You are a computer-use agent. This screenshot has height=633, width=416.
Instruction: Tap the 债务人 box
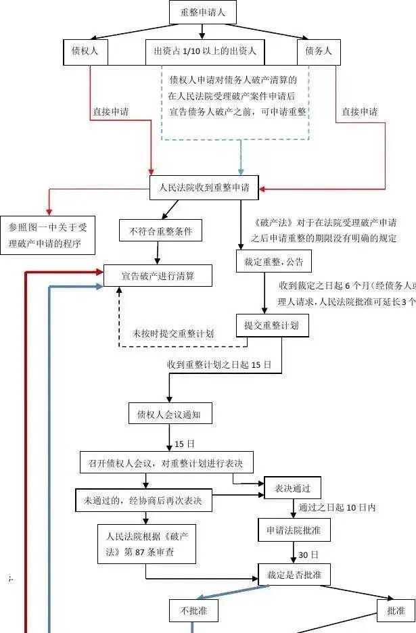point(318,51)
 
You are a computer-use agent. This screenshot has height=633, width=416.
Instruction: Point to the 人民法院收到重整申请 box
point(204,188)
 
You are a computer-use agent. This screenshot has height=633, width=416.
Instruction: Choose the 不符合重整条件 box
point(161,231)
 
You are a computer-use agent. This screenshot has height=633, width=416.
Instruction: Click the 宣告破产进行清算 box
point(158,276)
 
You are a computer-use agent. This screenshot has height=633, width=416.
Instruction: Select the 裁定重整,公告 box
point(269,262)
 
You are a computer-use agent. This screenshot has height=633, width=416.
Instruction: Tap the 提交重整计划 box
point(271,325)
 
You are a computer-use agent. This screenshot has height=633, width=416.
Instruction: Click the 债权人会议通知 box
point(169,414)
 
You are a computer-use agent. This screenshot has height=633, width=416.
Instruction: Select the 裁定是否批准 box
point(294,575)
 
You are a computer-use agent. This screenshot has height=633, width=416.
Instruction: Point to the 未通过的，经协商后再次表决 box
point(143,501)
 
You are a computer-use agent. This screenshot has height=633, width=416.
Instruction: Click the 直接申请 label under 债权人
point(112,112)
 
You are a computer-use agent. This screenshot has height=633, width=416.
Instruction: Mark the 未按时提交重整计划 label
point(174,333)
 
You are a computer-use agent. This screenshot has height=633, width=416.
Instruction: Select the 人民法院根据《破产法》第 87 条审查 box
point(147,544)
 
